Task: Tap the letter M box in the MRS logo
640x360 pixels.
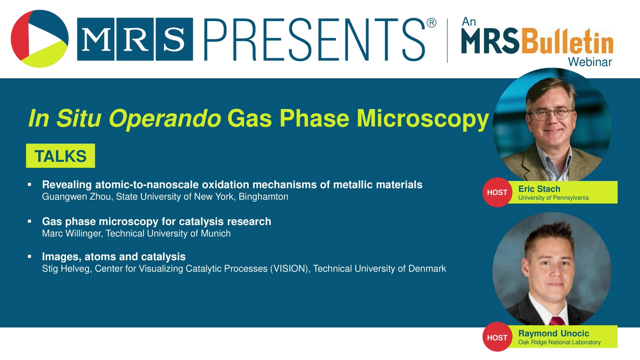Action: click(96, 39)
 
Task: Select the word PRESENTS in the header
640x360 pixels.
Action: click(314, 40)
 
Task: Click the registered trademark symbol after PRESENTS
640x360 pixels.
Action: click(431, 23)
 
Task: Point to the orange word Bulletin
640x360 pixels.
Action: click(567, 41)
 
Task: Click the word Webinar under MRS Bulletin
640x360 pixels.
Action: click(590, 62)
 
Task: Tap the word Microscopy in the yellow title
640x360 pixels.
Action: click(423, 119)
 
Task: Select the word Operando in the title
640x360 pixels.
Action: click(165, 119)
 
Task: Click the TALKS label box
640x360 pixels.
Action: click(60, 156)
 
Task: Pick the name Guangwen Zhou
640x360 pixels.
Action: click(76, 197)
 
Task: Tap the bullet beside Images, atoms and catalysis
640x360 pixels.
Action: click(30, 256)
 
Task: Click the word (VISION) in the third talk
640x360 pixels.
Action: click(290, 269)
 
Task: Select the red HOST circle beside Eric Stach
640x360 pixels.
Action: click(497, 192)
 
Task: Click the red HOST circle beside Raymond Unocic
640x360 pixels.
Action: click(497, 337)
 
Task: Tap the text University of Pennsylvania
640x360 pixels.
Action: click(553, 198)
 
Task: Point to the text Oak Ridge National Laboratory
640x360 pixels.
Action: click(559, 342)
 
